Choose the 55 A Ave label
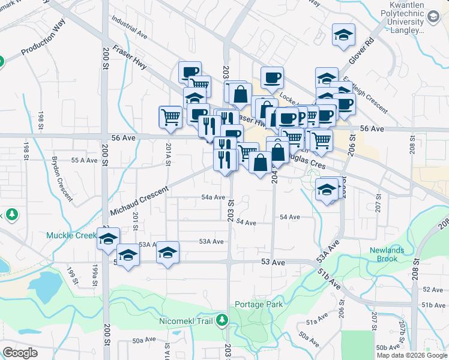coord(84,161)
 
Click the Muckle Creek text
coord(71,236)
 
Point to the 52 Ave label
coord(433,290)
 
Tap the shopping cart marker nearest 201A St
coord(170,117)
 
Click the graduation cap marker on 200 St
coord(108,238)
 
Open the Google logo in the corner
coord(20,353)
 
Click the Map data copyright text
coord(412,355)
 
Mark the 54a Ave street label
coord(212,197)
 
